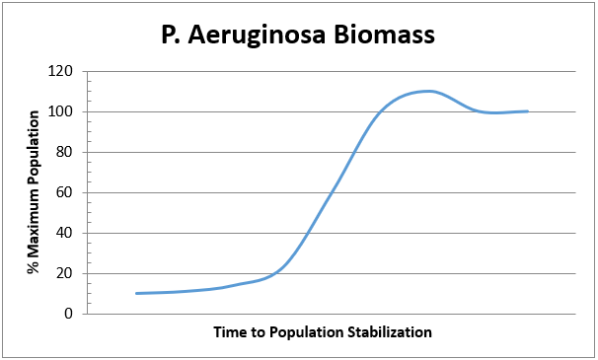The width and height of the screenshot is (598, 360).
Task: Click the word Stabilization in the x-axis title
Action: click(390, 331)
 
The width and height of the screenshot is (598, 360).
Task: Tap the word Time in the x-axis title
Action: click(229, 331)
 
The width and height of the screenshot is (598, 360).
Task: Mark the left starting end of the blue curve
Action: click(136, 293)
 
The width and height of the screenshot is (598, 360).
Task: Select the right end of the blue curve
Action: click(528, 111)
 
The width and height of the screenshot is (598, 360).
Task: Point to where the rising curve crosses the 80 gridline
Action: click(354, 152)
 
